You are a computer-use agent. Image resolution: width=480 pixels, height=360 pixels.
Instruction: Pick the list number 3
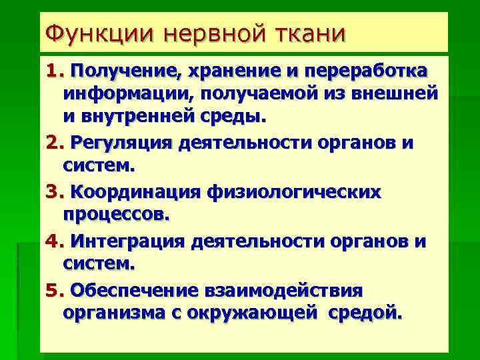click(x=53, y=192)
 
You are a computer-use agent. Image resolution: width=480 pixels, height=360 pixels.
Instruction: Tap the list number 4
click(x=53, y=240)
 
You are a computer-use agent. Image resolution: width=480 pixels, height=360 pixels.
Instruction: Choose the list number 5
click(x=53, y=291)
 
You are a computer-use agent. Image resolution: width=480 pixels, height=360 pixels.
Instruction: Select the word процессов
click(x=116, y=216)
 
